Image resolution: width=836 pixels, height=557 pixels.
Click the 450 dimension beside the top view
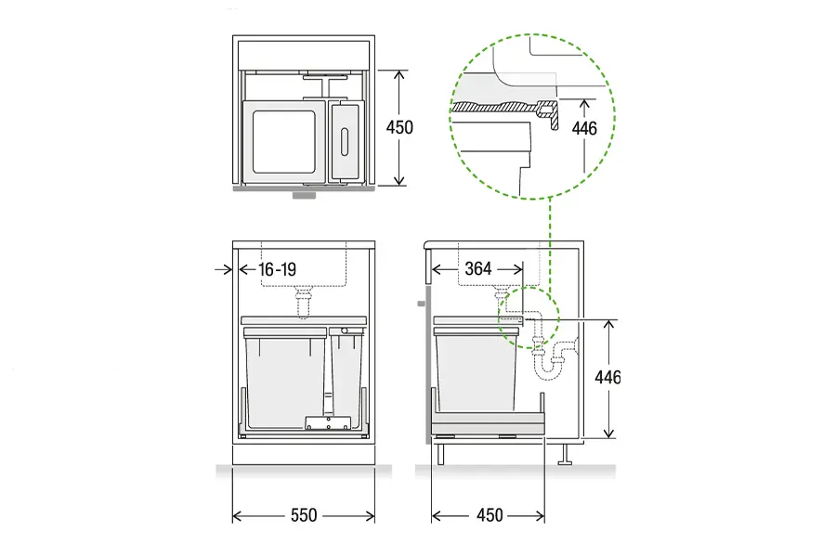coord(399,127)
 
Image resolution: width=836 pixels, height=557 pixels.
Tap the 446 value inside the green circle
coord(584,128)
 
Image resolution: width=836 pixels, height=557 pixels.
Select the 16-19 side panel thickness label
coord(277,269)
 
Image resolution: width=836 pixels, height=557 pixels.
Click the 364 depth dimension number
coord(477,268)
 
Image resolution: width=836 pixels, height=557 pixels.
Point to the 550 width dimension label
coord(304,515)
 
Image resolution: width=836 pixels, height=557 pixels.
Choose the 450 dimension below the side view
coord(490,515)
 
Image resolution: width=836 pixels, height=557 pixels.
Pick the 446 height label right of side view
coord(607,378)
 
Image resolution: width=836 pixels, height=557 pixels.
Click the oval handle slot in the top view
coord(344,142)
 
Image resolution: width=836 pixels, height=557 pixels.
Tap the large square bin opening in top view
coord(284,142)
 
